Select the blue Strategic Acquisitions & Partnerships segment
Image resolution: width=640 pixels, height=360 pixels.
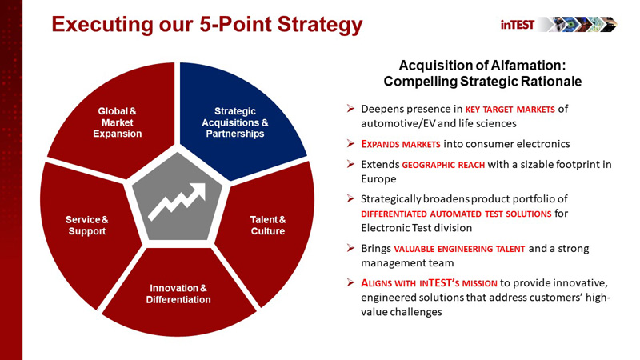[x=234, y=122]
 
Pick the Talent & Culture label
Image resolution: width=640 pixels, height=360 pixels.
[x=267, y=226]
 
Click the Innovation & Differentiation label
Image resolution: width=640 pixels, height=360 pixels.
[x=178, y=294]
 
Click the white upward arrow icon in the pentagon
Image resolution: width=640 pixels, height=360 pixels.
[x=178, y=200]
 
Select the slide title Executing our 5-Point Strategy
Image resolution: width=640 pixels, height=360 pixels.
[x=206, y=25]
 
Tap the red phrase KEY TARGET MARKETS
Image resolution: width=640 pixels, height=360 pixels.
[x=513, y=109]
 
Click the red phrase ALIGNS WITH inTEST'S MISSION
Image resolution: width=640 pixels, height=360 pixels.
[x=430, y=284]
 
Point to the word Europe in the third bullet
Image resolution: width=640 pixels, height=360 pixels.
[x=378, y=179]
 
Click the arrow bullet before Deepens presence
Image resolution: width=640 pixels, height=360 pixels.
[x=350, y=109]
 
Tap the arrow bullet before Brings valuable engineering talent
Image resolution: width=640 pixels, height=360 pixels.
[x=350, y=249]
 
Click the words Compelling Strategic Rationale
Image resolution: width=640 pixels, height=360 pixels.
[x=482, y=81]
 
